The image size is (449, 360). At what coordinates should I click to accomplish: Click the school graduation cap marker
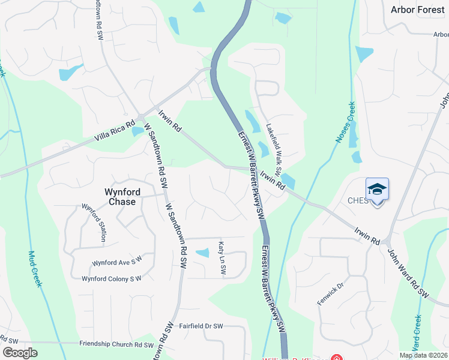coord(377,190)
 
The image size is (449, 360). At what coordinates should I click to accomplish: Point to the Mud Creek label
coord(34,268)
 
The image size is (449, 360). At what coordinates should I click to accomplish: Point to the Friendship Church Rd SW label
coord(116,344)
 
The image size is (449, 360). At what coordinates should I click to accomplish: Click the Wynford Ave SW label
coord(116,262)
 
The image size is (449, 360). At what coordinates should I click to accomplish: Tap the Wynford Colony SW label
coord(111,278)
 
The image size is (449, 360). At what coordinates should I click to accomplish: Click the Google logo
coord(20,353)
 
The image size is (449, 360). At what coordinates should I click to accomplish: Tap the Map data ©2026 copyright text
coord(423,355)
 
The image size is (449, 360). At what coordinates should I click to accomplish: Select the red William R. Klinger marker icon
coord(337,359)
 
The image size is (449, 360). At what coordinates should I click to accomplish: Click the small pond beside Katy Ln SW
coord(203,253)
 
